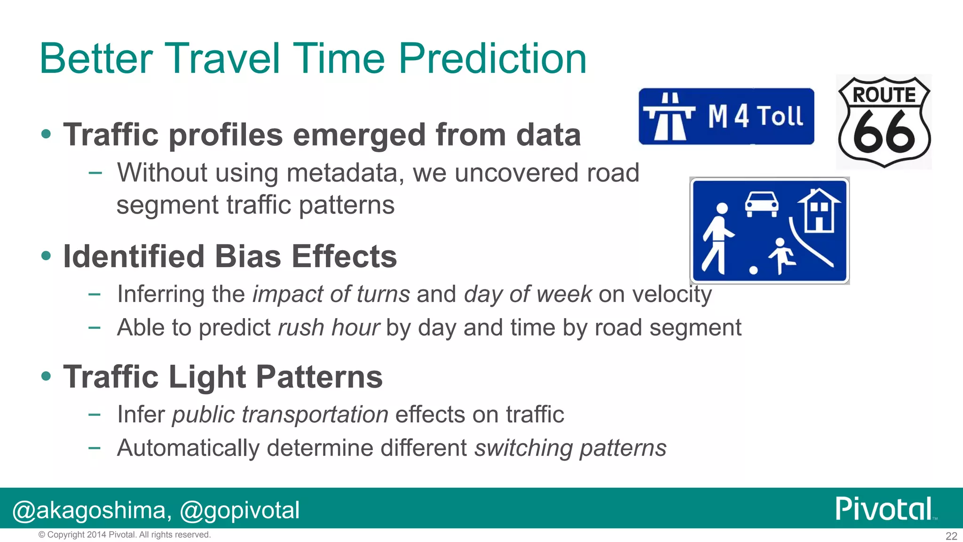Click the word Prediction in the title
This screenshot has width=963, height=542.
point(492,59)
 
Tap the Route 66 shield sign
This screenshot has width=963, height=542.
point(884,122)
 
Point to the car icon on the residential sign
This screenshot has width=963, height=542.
point(761,204)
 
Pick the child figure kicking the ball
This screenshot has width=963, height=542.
point(781,255)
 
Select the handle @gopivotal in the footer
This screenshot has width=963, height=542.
point(240,510)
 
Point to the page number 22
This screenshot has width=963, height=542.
point(951,536)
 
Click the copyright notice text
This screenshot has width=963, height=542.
point(125,535)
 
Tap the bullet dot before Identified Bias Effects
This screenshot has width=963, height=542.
point(46,256)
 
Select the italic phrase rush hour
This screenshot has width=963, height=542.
point(328,327)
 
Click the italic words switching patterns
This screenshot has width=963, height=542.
point(570,448)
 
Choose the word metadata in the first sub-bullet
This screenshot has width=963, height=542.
point(345,173)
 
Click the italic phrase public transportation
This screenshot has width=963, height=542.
point(280,414)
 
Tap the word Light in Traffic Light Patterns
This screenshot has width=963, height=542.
point(207,377)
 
